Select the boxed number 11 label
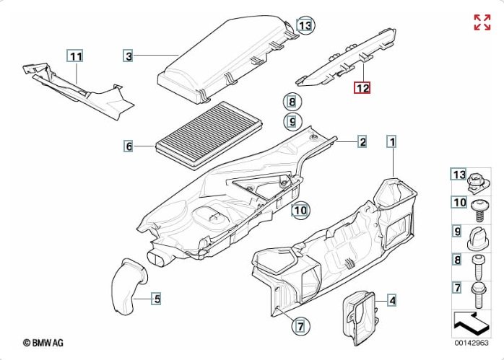pyautogui.click(x=76, y=56)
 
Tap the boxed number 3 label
pyautogui.click(x=128, y=56)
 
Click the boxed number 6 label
pyautogui.click(x=129, y=147)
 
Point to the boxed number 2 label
pyautogui.click(x=362, y=141)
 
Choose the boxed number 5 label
pyautogui.click(x=156, y=297)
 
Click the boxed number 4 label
pyautogui.click(x=391, y=300)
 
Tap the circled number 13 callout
pyautogui.click(x=305, y=26)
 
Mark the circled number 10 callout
pyautogui.click(x=300, y=211)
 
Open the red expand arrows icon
pyautogui.click(x=482, y=22)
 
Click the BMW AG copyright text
pyautogui.click(x=45, y=344)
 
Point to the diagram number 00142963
pyautogui.click(x=471, y=343)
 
